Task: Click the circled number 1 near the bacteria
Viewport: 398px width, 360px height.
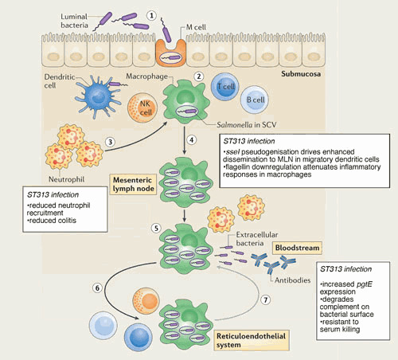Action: (151, 16)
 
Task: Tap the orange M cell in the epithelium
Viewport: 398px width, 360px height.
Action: (170, 53)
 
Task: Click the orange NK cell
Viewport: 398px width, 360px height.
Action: (142, 108)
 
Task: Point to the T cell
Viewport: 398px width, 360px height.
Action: (225, 86)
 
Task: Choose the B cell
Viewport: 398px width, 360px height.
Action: (255, 100)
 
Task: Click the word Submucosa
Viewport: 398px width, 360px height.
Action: (301, 74)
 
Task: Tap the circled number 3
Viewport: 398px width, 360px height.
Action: (111, 142)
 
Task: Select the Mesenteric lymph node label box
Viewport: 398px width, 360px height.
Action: (133, 184)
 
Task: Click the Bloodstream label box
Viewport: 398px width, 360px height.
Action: (297, 248)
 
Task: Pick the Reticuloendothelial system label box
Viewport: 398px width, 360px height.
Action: (252, 340)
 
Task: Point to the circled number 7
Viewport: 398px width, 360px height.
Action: (266, 300)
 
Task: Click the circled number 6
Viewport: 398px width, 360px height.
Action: (97, 288)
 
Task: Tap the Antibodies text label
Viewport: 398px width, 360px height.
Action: (292, 280)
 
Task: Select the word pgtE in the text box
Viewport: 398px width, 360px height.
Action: (365, 284)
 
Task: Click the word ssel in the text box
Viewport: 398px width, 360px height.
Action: (232, 152)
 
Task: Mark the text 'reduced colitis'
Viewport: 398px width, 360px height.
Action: (53, 221)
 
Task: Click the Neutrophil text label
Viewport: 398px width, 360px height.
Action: (66, 179)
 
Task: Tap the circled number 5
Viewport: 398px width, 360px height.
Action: (156, 228)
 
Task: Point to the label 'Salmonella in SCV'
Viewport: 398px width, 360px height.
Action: (247, 125)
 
